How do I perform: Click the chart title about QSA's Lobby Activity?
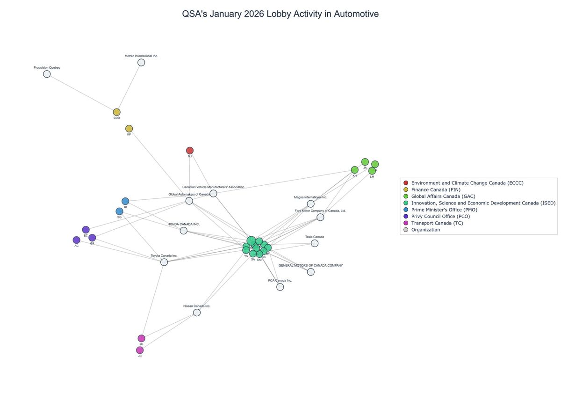tap(280, 14)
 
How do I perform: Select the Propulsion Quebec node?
tap(47, 74)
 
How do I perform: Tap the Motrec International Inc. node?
tap(141, 62)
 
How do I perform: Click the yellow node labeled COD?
tap(116, 112)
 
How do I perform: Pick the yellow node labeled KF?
tap(129, 129)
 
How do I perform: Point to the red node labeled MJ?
tap(190, 151)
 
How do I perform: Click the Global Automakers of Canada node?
tap(189, 201)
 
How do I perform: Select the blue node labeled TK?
tap(125, 201)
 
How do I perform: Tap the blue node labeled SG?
tap(119, 211)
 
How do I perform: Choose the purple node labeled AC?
tap(76, 240)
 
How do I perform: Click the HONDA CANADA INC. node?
tap(184, 231)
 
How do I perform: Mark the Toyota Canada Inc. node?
tap(164, 262)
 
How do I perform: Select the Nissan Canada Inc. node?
tap(197, 313)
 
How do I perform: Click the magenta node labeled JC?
tap(140, 350)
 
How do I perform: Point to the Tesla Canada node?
tap(315, 243)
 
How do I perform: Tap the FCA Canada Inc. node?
tap(280, 287)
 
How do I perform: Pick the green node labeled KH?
tap(354, 170)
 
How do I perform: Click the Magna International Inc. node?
tap(310, 204)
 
